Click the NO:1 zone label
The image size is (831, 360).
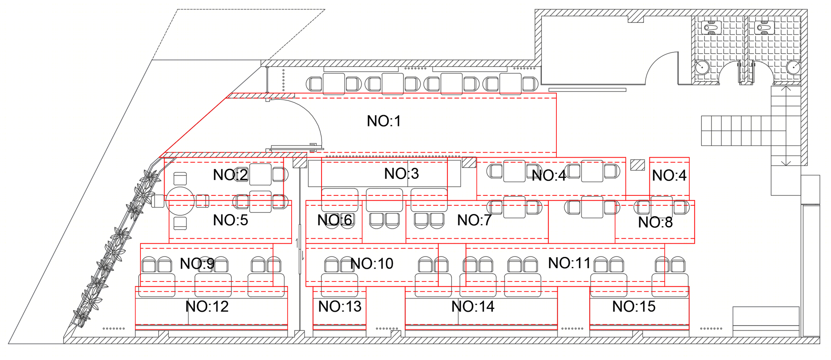pos(384,121)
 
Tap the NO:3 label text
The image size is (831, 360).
pos(401,173)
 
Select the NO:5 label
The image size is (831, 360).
pos(231,220)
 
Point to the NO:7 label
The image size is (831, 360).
pos(475,220)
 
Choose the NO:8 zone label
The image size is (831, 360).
pos(655,222)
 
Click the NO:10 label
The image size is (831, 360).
pos(372,264)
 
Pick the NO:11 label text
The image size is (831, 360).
pos(569,263)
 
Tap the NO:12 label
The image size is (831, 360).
pos(207,307)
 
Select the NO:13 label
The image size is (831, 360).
pos(340,307)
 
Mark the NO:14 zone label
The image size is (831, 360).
pos(473,307)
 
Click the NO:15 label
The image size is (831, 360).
pos(634,307)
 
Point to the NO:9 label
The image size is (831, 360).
pos(197,264)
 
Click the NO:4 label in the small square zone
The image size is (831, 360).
pos(669,175)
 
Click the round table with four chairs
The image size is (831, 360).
pos(180,201)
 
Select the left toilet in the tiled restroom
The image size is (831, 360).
pos(711,27)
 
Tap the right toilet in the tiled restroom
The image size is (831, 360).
pos(765,27)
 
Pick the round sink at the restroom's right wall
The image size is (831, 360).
pos(793,67)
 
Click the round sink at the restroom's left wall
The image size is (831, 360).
pos(702,67)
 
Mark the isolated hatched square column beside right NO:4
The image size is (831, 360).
pos(637,165)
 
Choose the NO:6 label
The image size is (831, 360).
pos(334,220)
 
